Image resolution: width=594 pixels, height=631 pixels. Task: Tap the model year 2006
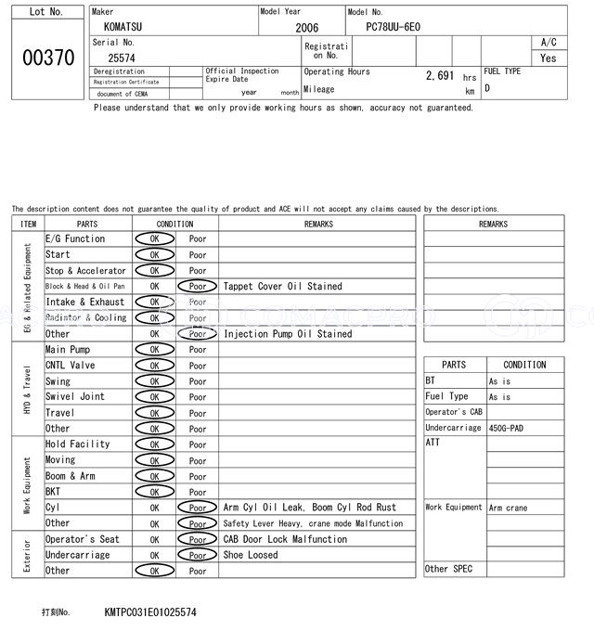[x=306, y=28]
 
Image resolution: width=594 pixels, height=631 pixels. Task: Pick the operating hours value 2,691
[x=440, y=76]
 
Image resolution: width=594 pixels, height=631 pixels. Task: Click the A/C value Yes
[x=549, y=58]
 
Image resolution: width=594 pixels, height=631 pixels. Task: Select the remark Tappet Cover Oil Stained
[x=282, y=287]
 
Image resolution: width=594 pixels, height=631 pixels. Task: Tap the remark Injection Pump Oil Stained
[x=288, y=334]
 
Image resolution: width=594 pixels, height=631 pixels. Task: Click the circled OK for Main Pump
[x=154, y=350]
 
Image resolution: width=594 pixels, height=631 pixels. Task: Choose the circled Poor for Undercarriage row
[x=197, y=556]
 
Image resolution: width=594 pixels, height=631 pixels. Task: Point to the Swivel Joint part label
[x=75, y=397]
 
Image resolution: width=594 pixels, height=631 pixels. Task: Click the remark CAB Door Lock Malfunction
[x=285, y=540]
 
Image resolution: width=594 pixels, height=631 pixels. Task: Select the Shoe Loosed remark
[x=251, y=556]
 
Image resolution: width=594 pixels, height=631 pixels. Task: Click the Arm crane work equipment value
[x=509, y=508]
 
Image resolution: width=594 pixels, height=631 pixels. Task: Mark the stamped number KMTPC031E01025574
[x=150, y=613]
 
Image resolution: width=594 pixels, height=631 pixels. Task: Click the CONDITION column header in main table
[x=174, y=224]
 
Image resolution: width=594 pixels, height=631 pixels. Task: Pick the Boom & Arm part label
[x=71, y=476]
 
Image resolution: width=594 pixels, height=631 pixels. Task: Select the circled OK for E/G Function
[x=154, y=239]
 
